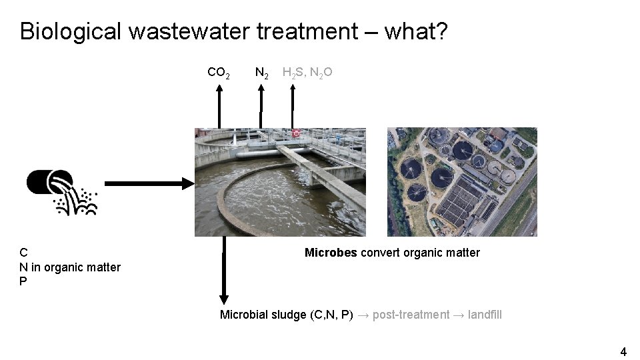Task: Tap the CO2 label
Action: pyautogui.click(x=219, y=73)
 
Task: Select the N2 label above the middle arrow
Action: pyautogui.click(x=262, y=73)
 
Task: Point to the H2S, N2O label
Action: pyautogui.click(x=307, y=73)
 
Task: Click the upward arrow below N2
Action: pyautogui.click(x=261, y=107)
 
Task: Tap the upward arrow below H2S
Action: pyautogui.click(x=292, y=107)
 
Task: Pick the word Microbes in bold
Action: pyautogui.click(x=331, y=253)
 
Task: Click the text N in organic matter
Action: pyautogui.click(x=70, y=267)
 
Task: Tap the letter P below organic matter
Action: pyautogui.click(x=23, y=281)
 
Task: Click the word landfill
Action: pyautogui.click(x=485, y=315)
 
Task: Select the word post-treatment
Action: pyautogui.click(x=411, y=315)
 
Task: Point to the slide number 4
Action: pyautogui.click(x=623, y=351)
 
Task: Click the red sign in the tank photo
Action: pyautogui.click(x=295, y=133)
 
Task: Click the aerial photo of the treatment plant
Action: pyautogui.click(x=462, y=182)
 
